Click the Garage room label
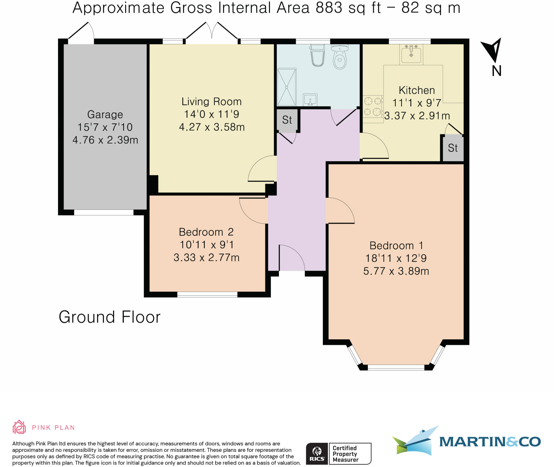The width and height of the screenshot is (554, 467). [105, 114]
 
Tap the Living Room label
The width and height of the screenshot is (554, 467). [212, 102]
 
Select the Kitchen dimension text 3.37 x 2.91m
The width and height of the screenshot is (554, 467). [417, 116]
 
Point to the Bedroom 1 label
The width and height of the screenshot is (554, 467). [396, 246]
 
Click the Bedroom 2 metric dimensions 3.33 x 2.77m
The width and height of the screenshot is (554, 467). [206, 258]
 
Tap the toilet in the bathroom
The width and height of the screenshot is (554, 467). [340, 57]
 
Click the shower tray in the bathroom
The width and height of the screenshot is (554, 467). [286, 87]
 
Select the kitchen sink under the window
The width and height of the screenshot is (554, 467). [411, 54]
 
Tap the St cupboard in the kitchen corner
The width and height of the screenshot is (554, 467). [453, 148]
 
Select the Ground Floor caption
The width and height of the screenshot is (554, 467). [110, 317]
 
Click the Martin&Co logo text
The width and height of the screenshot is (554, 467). [490, 442]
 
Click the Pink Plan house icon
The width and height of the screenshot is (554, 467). [19, 427]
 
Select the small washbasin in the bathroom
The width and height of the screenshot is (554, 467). [310, 100]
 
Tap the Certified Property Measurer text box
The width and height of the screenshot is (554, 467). [350, 454]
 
